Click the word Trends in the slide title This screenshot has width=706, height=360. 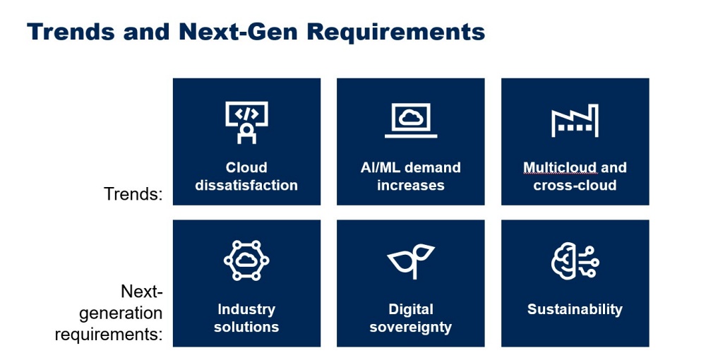pyautogui.click(x=71, y=32)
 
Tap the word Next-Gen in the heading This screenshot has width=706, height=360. pyautogui.click(x=238, y=32)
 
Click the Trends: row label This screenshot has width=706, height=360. pyautogui.click(x=133, y=194)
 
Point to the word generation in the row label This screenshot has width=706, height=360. pyautogui.click(x=121, y=313)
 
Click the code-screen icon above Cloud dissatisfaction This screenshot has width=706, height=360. pyautogui.click(x=246, y=122)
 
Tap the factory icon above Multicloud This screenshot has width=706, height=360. pyautogui.click(x=575, y=121)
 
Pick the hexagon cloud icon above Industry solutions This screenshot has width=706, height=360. pyautogui.click(x=246, y=260)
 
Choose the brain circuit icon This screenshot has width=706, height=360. pyautogui.click(x=575, y=260)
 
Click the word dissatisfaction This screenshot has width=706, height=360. pyautogui.click(x=246, y=185)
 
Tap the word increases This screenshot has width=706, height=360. pyautogui.click(x=411, y=185)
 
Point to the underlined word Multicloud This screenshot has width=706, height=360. pyautogui.click(x=560, y=167)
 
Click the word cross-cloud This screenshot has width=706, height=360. pyautogui.click(x=575, y=185)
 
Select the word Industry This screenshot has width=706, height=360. pyautogui.click(x=246, y=310)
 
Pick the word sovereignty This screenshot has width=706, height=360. pyautogui.click(x=411, y=328)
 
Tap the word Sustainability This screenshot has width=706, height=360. pyautogui.click(x=575, y=309)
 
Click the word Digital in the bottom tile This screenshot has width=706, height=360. pyautogui.click(x=411, y=310)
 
